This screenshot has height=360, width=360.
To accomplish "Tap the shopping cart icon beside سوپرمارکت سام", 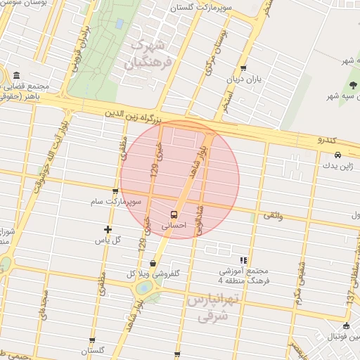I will pos(115,191).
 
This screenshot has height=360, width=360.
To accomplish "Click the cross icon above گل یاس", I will pos(108,229).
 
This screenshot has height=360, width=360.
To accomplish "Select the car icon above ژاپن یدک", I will pos(338,155).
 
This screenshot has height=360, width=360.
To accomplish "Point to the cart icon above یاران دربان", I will pos(243,68).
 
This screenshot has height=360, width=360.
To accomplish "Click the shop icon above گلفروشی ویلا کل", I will pos(153,263).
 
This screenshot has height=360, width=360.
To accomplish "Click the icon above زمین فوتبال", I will pos(346,326).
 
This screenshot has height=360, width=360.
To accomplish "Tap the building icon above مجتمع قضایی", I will pos(16,76).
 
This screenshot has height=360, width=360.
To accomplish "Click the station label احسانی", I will pos(173,226).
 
